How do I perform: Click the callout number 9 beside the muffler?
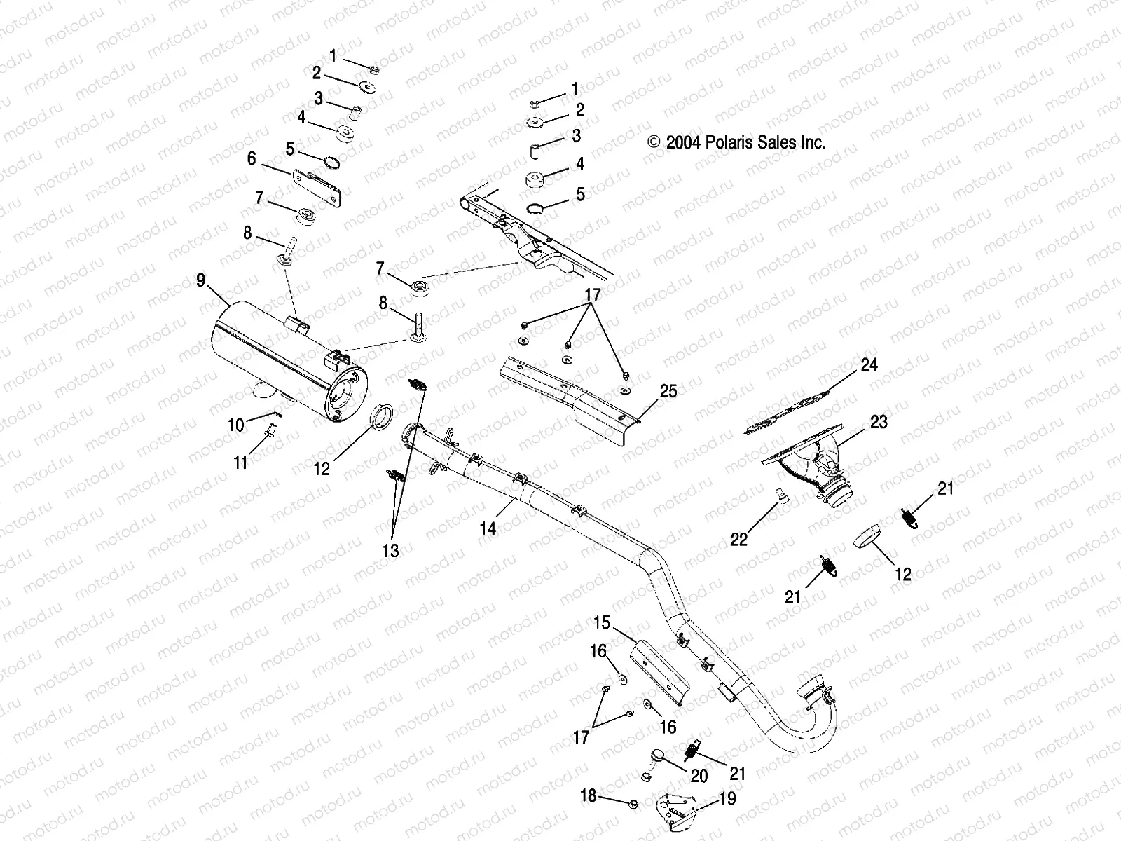201,281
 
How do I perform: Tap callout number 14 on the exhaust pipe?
488,528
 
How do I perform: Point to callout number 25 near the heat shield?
668,391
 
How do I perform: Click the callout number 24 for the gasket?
869,365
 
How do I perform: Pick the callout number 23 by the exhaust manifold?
879,422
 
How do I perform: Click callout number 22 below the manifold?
739,538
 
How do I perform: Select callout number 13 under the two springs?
390,551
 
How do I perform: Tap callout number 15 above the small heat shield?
602,622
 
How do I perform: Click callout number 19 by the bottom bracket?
728,799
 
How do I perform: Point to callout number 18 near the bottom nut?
589,795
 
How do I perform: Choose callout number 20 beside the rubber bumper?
699,776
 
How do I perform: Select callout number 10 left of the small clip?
235,425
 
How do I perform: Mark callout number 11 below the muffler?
240,463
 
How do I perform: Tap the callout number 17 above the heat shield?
593,295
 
